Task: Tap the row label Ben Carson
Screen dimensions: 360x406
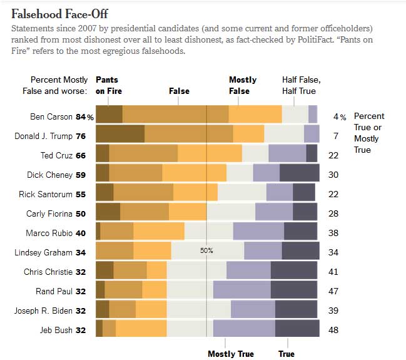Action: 52,116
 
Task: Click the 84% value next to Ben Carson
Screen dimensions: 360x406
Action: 85,116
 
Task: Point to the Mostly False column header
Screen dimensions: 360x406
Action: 243,85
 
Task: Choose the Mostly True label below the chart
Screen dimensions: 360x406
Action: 230,354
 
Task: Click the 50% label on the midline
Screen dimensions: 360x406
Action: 206,250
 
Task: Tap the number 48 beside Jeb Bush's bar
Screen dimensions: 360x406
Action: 333,329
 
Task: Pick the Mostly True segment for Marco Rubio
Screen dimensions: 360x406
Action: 258,232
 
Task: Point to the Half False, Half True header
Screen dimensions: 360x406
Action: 301,85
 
